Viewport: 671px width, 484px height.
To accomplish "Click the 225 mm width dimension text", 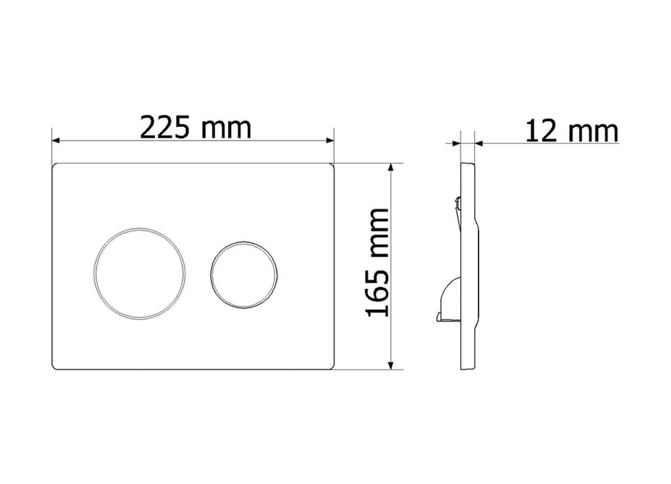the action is pos(196,127).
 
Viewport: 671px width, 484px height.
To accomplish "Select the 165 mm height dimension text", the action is pos(377,263).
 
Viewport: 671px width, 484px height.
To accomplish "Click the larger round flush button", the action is pos(140,274).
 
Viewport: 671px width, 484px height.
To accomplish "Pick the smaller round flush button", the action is pos(244,275).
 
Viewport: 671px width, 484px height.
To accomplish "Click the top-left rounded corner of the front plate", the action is pos(54,165).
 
